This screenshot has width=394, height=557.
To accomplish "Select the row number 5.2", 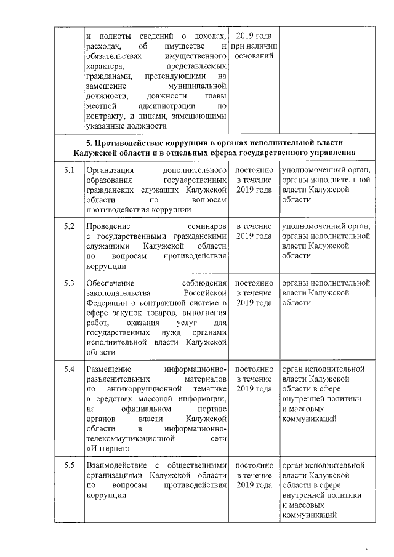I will click(69, 226).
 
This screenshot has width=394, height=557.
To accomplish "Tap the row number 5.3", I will click(69, 283).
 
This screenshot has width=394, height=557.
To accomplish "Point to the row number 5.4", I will click(69, 369).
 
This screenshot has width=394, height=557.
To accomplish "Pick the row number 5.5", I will click(69, 465).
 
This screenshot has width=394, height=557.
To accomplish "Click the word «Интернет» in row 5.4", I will click(108, 449).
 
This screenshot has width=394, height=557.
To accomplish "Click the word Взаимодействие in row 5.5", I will click(116, 465).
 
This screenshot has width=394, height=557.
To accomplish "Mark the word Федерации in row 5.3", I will click(107, 303).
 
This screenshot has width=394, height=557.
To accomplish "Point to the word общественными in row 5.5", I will click(199, 465).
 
